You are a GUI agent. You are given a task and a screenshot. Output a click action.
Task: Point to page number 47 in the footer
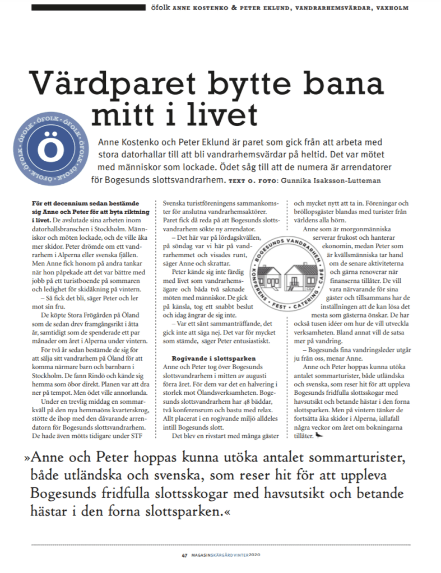pyautogui.click(x=184, y=556)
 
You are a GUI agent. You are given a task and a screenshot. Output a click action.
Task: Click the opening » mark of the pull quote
pyautogui.click(x=27, y=459)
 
